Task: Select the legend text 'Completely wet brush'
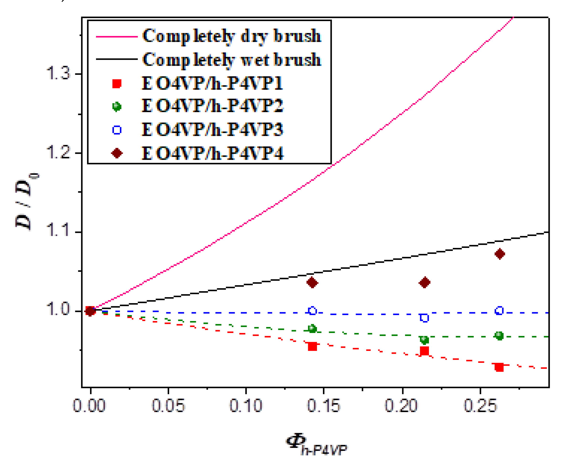(x=231, y=59)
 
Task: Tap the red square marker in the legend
(x=117, y=84)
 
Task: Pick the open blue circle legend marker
(x=117, y=130)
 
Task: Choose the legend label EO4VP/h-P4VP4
(x=212, y=154)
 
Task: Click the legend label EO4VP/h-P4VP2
(x=212, y=106)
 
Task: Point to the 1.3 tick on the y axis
(x=58, y=73)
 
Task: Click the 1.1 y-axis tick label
(x=58, y=230)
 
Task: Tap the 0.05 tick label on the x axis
(x=168, y=406)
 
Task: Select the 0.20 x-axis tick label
(x=401, y=406)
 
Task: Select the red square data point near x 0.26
(x=499, y=367)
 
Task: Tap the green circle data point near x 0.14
(x=312, y=329)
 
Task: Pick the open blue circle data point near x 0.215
(x=424, y=318)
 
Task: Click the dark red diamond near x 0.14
(x=312, y=283)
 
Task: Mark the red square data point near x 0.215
(x=424, y=351)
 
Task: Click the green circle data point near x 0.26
(x=499, y=336)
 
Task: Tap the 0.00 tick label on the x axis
(x=89, y=406)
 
